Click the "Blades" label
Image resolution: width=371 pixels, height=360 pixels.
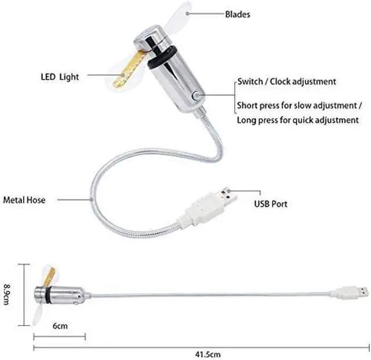[238, 14]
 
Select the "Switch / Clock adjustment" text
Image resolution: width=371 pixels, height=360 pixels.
[286, 82]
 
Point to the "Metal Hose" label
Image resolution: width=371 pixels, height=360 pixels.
[24, 200]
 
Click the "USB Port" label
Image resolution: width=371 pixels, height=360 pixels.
[271, 204]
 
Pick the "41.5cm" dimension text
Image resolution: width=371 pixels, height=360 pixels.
[208, 353]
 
